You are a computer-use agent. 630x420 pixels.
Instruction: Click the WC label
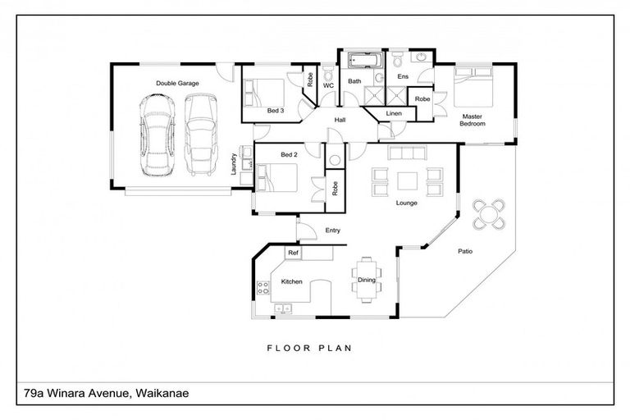coord(327,85)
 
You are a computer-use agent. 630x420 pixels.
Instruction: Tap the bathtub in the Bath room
coord(360,62)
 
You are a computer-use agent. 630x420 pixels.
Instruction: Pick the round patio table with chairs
coord(490,213)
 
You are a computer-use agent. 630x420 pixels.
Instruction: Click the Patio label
coord(465,251)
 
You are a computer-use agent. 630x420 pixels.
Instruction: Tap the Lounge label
coord(406,203)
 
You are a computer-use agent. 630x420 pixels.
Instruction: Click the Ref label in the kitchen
coord(292,253)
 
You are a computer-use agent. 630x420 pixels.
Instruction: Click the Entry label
coord(332,231)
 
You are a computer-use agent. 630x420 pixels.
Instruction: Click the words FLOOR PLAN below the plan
coord(308,348)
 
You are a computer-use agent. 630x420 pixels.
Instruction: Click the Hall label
coord(340,121)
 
